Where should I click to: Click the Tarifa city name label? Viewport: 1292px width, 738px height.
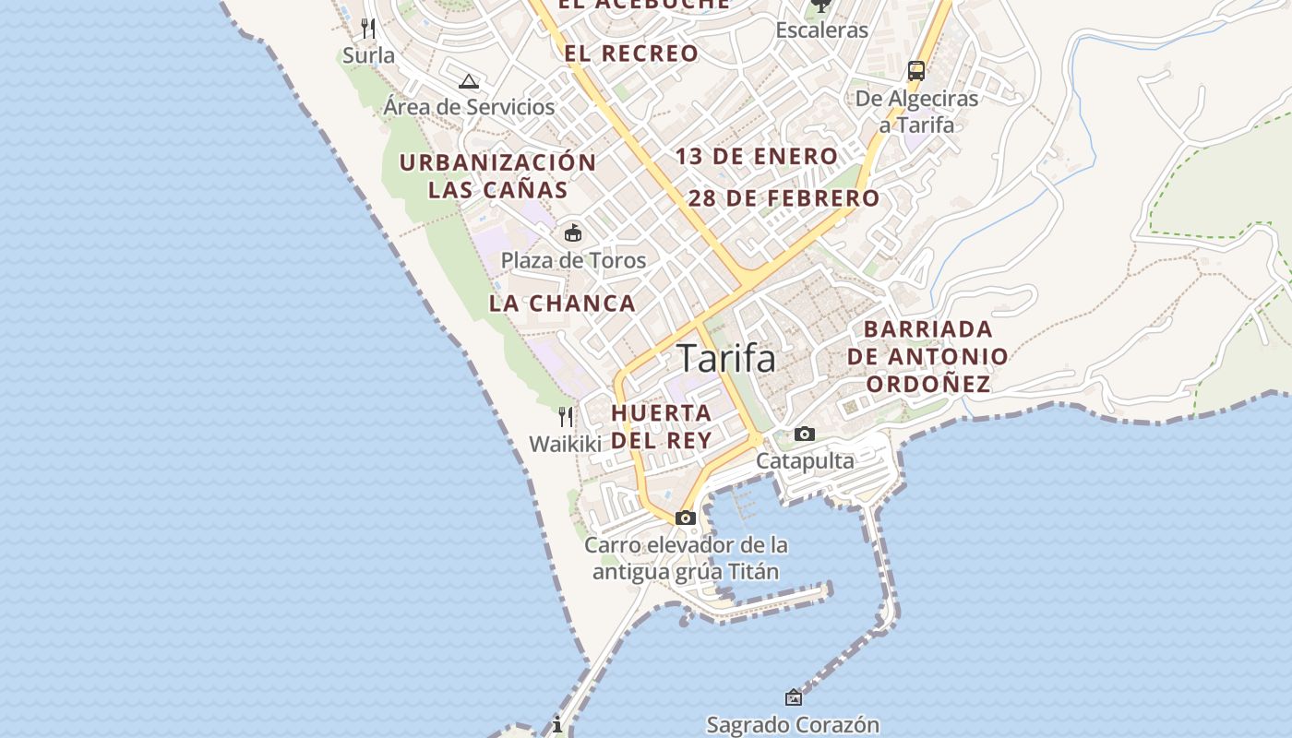726,358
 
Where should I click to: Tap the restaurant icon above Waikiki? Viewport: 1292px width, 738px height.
566,417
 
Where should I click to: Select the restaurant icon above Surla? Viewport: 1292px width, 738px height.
368,29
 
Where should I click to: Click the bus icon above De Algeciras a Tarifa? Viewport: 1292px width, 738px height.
916,71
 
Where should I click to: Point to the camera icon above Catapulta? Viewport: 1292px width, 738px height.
805,434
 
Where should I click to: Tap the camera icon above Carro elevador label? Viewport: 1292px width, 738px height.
685,518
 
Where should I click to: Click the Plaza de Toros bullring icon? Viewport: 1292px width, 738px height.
573,232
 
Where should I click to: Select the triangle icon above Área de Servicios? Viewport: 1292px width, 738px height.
469,81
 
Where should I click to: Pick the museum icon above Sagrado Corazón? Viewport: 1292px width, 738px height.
793,697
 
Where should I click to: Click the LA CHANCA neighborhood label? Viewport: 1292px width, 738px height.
562,304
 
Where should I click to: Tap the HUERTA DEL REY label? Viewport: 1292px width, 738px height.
662,426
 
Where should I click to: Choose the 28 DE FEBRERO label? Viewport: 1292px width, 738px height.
784,198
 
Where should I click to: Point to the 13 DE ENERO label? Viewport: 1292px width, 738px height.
756,157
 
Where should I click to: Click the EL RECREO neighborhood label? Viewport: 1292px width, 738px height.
631,54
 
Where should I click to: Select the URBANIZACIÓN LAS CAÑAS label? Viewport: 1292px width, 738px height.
497,176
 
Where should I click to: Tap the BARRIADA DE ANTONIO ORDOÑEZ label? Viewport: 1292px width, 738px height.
928,356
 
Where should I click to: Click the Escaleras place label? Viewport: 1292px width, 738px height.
821,30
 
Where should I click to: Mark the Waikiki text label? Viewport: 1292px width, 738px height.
565,444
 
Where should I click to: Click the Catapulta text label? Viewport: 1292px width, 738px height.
805,460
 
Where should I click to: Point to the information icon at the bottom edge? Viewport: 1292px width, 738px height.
557,725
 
